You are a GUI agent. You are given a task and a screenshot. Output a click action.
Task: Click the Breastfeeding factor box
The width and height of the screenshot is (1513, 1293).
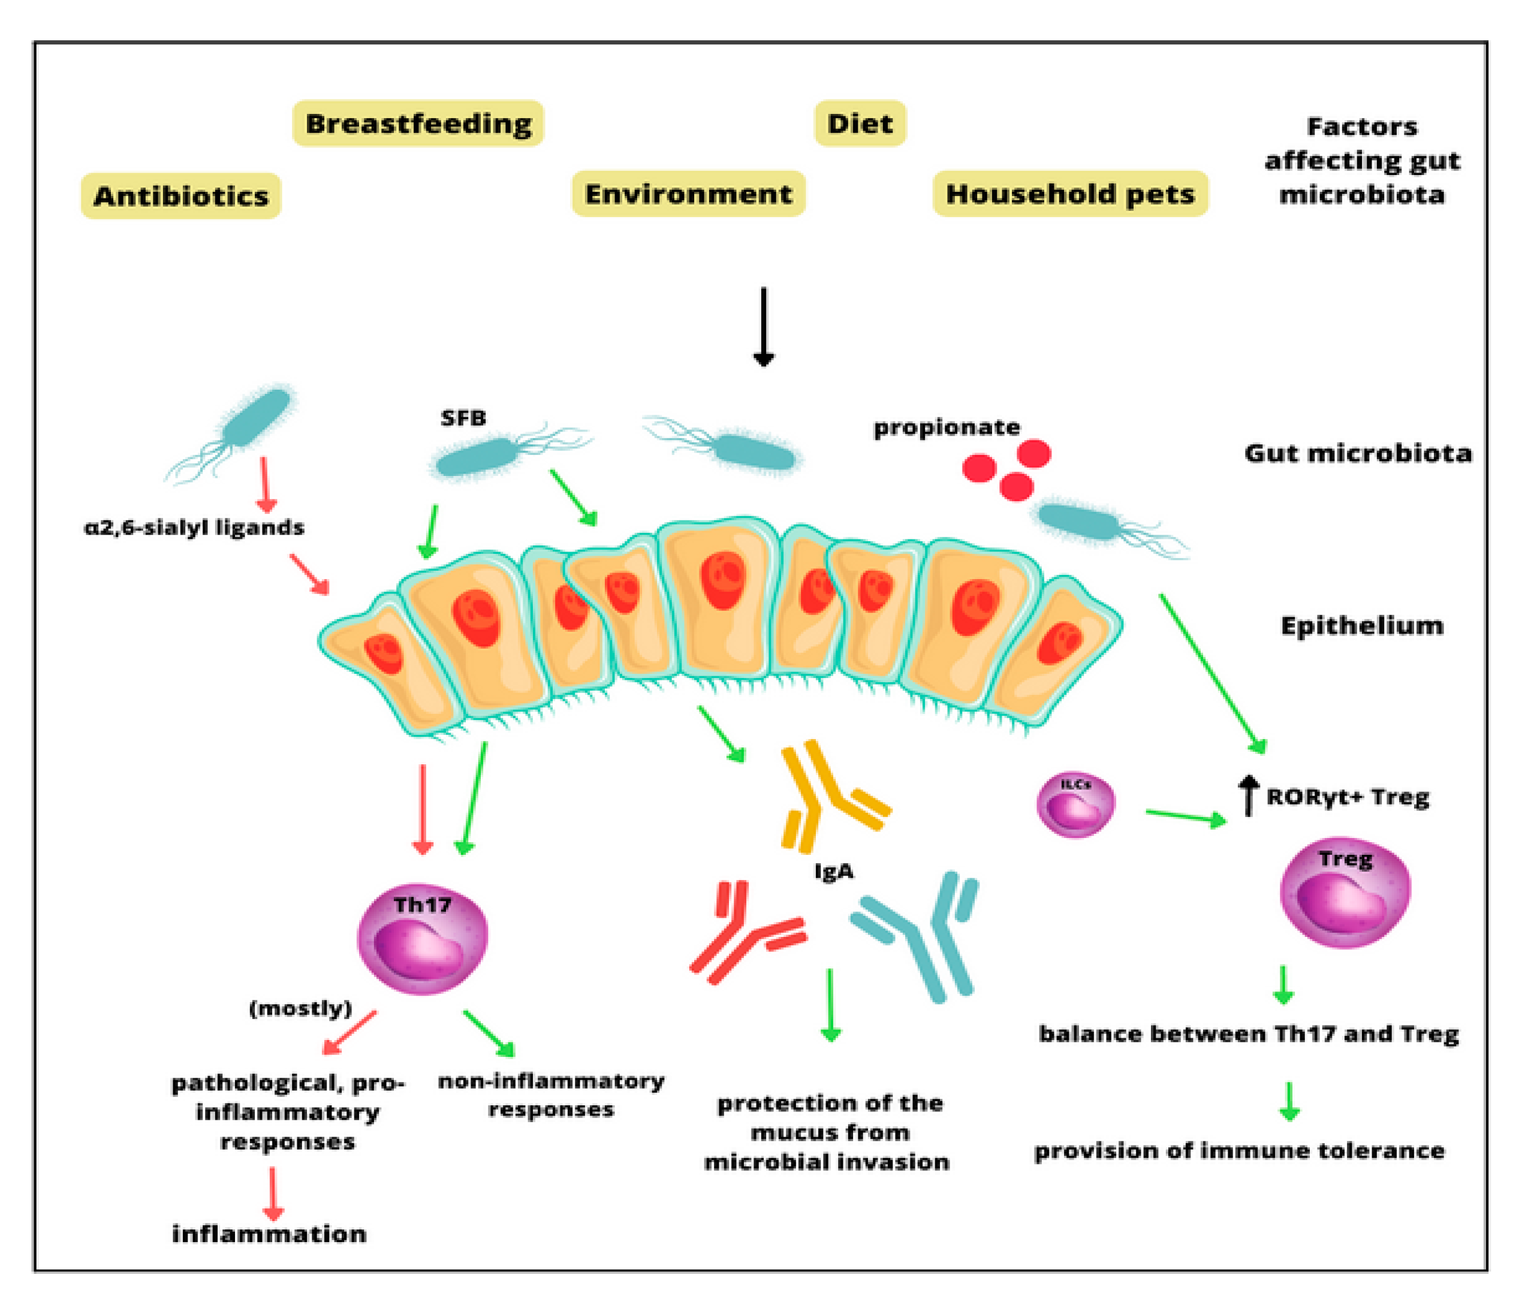click(x=418, y=123)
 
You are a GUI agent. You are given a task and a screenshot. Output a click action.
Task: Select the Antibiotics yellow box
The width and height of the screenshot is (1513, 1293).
click(x=180, y=195)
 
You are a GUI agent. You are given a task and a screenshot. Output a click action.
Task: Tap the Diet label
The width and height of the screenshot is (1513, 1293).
click(x=860, y=123)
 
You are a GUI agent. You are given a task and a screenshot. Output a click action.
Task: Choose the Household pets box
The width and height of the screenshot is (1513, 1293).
click(x=1070, y=194)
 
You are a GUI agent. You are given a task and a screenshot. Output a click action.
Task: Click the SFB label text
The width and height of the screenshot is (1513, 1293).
click(x=463, y=418)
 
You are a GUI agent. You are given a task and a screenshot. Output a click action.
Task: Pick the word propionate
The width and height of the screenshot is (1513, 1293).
click(x=947, y=427)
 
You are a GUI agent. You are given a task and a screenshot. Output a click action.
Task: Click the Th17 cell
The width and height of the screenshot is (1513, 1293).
click(x=422, y=939)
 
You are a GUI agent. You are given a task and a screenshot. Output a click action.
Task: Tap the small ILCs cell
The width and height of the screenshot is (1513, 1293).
click(x=1075, y=804)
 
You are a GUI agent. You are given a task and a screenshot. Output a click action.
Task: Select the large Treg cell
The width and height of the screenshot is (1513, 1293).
click(x=1345, y=892)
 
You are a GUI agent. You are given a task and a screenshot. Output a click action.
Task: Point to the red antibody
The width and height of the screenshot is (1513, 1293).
click(x=749, y=935)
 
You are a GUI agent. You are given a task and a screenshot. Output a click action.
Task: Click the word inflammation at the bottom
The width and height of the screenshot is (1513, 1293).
click(x=269, y=1234)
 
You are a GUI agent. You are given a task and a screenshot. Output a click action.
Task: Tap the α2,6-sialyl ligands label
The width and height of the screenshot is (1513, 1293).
click(x=194, y=527)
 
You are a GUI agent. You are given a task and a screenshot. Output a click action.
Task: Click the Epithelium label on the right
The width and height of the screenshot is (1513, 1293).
click(x=1362, y=626)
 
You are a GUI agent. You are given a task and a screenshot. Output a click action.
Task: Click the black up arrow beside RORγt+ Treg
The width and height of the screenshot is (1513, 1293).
click(x=1249, y=796)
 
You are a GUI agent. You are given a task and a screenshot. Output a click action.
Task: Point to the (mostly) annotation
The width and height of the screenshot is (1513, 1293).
click(x=300, y=1008)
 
